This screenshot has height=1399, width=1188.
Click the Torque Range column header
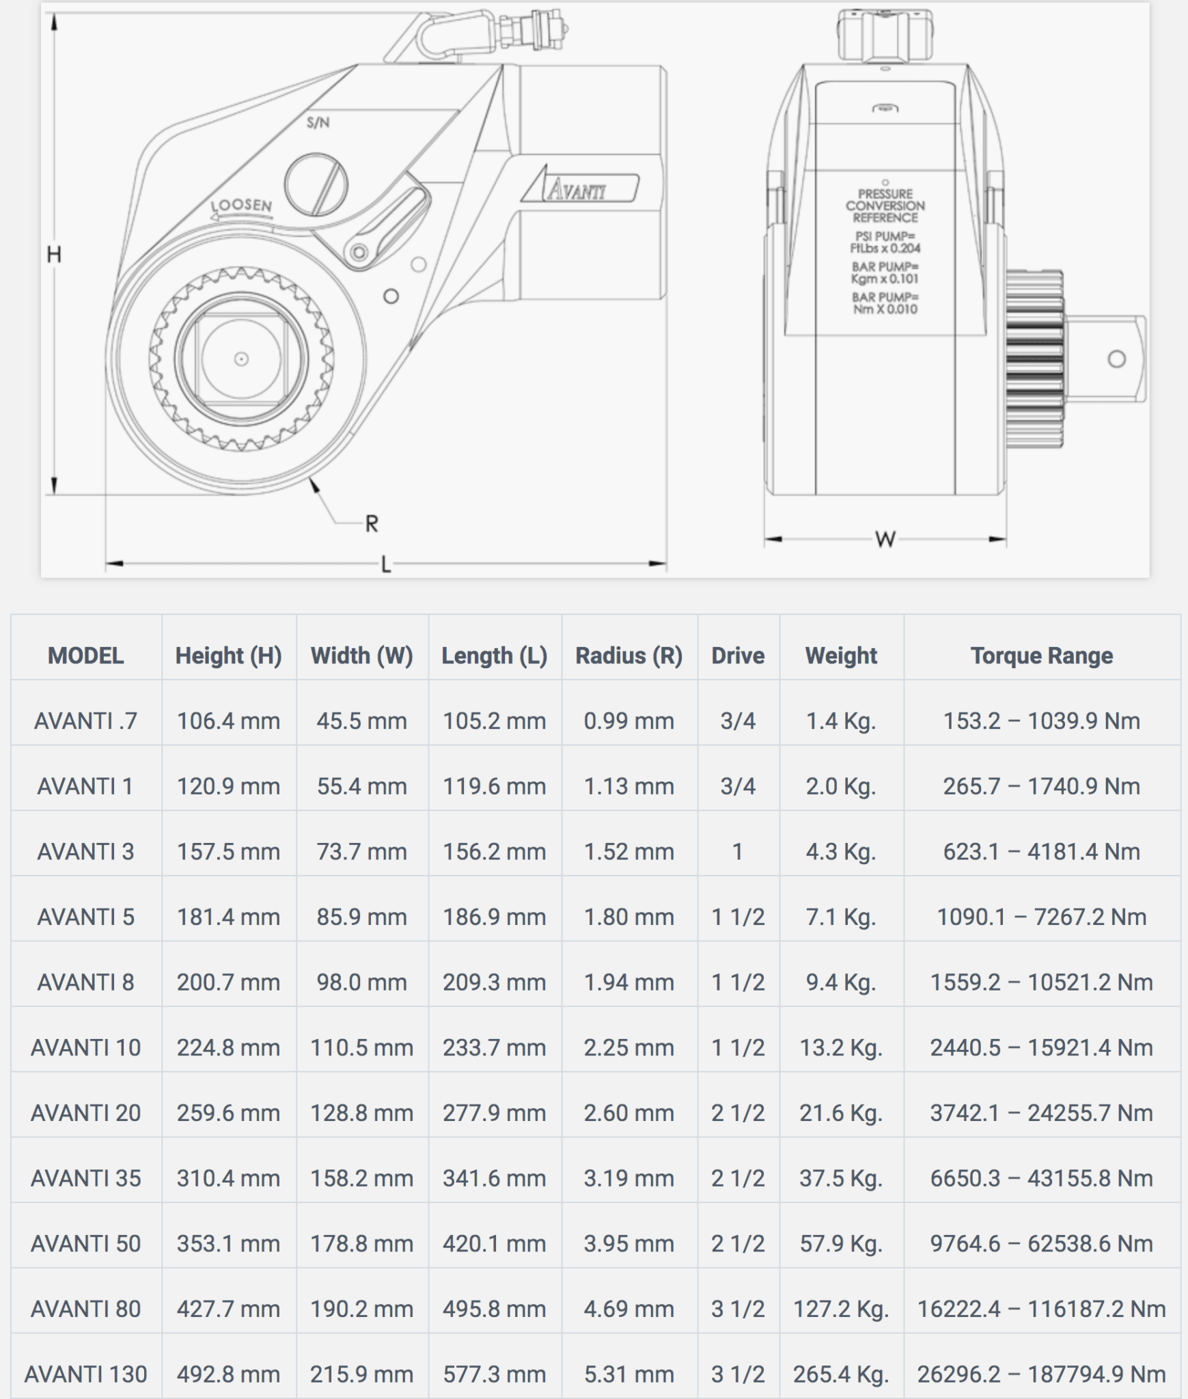(1041, 656)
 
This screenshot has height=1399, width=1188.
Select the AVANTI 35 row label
(85, 1178)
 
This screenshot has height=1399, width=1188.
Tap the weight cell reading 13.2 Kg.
(841, 1047)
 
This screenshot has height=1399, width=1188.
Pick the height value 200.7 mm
(228, 982)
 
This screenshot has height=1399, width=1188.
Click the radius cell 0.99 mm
(628, 721)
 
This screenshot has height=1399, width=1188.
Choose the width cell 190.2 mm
(361, 1309)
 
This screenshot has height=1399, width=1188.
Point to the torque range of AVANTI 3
(1041, 851)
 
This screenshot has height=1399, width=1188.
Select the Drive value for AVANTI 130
(738, 1374)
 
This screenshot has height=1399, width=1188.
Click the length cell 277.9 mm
(494, 1113)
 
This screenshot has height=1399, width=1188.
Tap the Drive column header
(738, 656)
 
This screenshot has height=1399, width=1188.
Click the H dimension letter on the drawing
(54, 255)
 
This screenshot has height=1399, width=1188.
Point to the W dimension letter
(885, 540)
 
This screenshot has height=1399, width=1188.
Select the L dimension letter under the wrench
(386, 565)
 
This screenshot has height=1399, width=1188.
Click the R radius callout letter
(372, 524)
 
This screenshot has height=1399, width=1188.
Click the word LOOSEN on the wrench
(240, 206)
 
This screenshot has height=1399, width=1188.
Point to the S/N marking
(318, 123)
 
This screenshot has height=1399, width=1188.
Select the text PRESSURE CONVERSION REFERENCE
(885, 206)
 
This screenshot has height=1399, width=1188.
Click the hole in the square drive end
(1116, 359)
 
